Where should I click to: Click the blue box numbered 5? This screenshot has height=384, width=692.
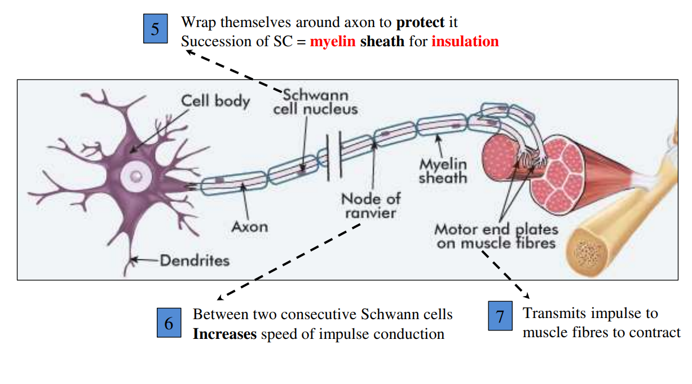click(x=155, y=29)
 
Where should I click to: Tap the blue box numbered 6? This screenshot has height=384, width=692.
click(x=169, y=324)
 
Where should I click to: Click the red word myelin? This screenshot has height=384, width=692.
click(x=333, y=42)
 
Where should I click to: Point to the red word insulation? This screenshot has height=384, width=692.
click(x=465, y=42)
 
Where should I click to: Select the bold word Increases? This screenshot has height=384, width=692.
click(x=224, y=334)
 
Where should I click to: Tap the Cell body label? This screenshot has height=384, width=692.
click(x=215, y=101)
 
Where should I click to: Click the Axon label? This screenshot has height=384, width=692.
click(x=249, y=227)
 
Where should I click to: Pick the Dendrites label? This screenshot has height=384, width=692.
click(x=195, y=261)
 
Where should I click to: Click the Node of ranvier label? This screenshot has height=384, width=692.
click(x=371, y=206)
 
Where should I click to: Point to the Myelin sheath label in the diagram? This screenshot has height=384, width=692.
click(x=443, y=171)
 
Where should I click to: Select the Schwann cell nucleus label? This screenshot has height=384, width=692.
click(x=315, y=101)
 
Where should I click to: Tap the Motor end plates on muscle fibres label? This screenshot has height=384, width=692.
click(x=496, y=236)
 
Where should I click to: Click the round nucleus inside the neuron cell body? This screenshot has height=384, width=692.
click(x=135, y=176)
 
